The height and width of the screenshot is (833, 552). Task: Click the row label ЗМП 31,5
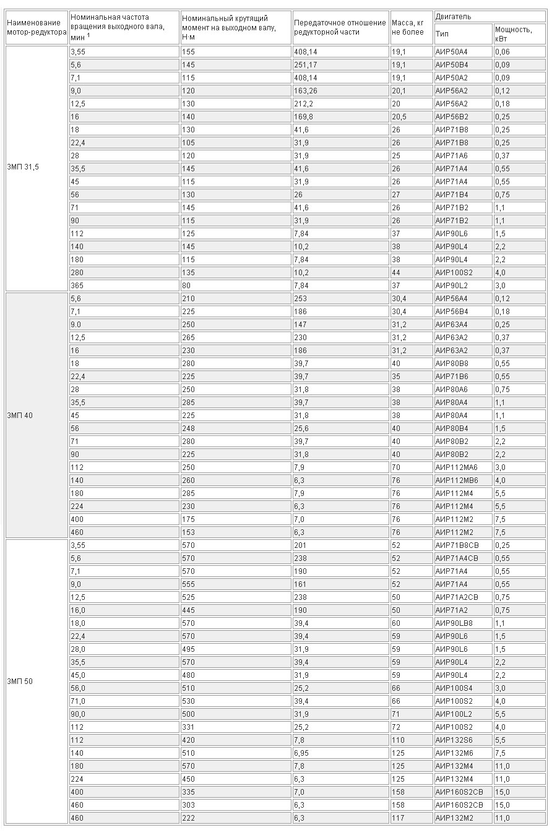(23, 167)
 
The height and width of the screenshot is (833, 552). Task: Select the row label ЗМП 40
(20, 415)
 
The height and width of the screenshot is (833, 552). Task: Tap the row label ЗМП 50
(20, 681)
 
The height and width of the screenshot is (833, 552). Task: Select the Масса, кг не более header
(408, 28)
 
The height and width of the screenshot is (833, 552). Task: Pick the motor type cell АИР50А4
(451, 52)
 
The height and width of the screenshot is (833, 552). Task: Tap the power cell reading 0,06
(502, 52)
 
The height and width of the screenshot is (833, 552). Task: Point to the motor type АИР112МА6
(455, 468)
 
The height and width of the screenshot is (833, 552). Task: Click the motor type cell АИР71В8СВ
(457, 545)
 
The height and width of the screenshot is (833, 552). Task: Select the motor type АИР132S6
(454, 740)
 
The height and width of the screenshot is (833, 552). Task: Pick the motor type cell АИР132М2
(454, 818)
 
